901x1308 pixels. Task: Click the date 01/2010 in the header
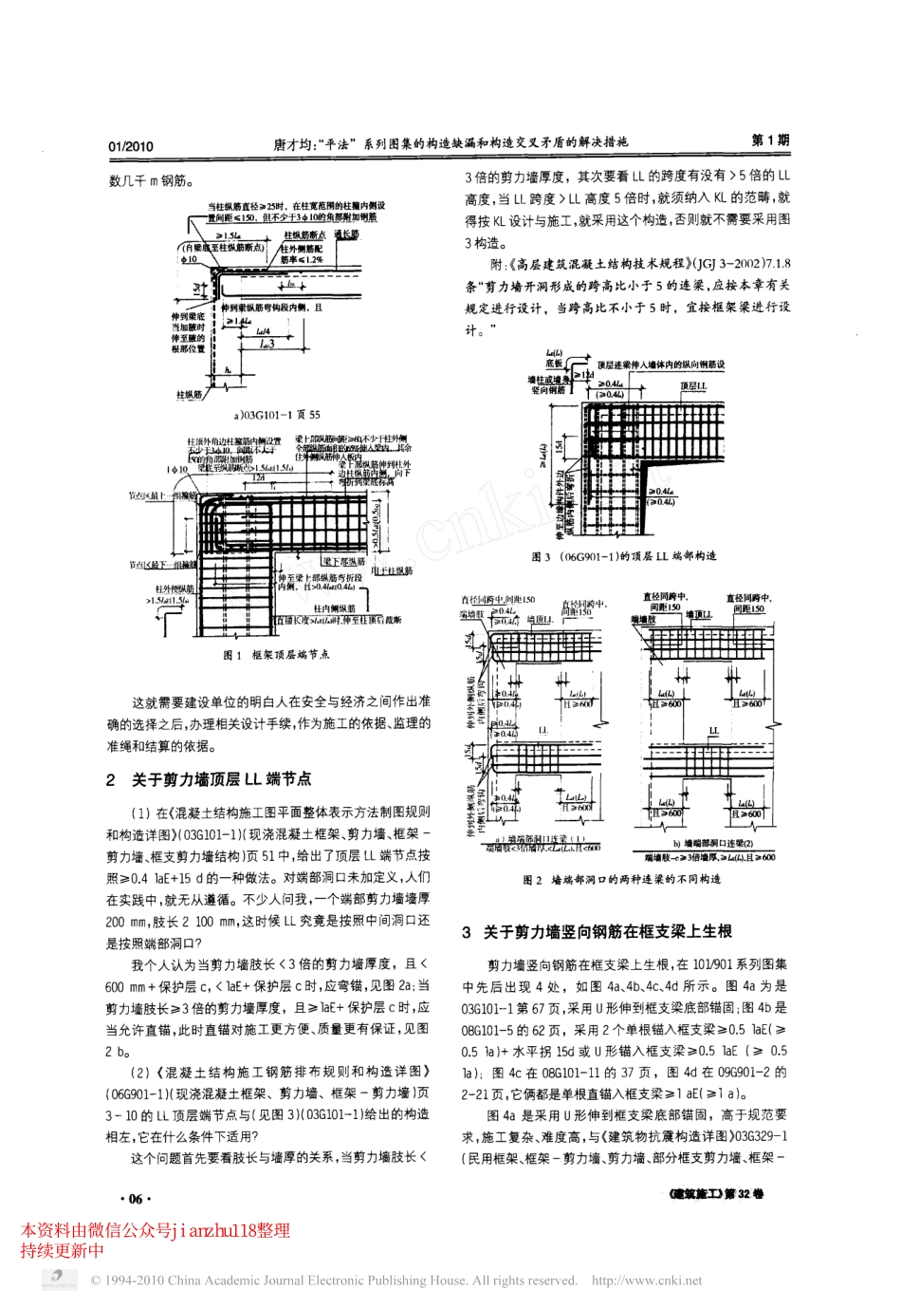coord(131,146)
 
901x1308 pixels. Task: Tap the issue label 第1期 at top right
coord(770,140)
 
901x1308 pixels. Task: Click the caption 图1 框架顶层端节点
coord(276,654)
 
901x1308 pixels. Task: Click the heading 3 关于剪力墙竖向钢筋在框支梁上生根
coord(596,932)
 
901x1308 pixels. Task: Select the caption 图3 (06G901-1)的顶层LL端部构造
coord(623,556)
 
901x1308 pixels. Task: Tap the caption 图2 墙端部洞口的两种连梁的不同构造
coord(621,880)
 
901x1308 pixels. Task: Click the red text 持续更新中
coord(62,1250)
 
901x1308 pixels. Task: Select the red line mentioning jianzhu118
coord(155,1230)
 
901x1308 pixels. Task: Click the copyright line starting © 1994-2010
coord(334,1280)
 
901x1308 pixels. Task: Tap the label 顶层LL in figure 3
coord(693,387)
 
